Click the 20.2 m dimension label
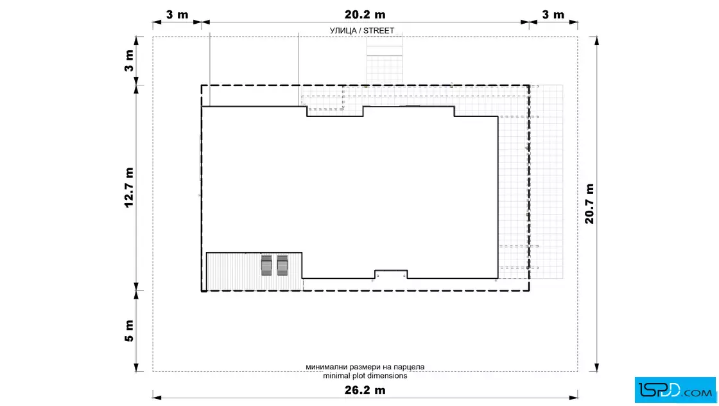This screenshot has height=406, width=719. point(365,15)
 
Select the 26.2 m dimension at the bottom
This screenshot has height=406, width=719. point(365,391)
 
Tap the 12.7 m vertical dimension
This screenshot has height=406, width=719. point(129,188)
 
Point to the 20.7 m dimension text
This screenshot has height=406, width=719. point(590,204)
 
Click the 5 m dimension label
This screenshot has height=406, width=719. point(129,331)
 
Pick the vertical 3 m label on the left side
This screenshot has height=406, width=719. point(129,61)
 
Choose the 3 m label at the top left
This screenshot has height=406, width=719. point(177,15)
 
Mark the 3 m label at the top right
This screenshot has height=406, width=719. point(553,15)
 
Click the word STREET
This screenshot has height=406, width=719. point(379,31)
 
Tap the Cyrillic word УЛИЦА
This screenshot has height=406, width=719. point(343,31)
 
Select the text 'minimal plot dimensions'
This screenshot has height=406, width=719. point(365,376)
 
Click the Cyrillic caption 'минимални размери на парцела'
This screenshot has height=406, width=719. point(365,367)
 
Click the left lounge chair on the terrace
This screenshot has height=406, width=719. point(266,265)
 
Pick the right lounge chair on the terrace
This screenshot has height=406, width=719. point(282,265)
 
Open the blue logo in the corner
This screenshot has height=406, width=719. point(675,390)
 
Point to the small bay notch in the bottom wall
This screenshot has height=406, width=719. point(391,274)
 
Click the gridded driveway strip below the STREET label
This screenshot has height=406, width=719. point(385,60)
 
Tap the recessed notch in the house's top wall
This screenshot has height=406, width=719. point(335,112)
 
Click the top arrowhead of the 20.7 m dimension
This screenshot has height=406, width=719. point(596,40)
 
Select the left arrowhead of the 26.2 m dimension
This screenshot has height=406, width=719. point(157,397)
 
